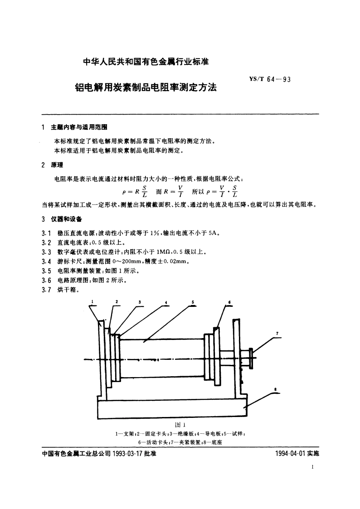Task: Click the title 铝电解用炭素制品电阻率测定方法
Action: click(x=146, y=87)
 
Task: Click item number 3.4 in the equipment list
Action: click(x=46, y=261)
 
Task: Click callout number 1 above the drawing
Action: click(x=92, y=301)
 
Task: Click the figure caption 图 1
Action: click(x=180, y=425)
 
